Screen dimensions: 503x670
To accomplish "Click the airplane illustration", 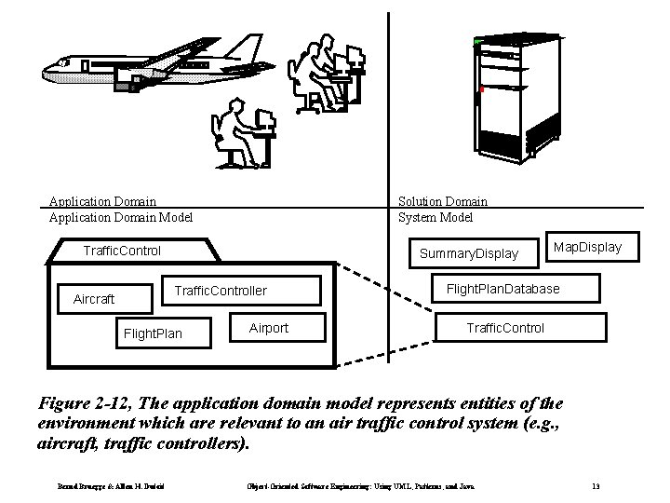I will (x=154, y=65).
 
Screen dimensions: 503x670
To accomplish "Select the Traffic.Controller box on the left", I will (x=221, y=292).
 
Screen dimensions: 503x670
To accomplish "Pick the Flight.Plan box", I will (x=153, y=333).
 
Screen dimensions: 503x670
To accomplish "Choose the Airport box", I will (x=269, y=328).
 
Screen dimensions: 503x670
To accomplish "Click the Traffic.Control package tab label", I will (x=122, y=251).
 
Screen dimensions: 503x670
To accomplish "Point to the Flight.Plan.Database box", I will (x=503, y=289).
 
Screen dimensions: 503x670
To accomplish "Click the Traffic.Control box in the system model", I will (x=505, y=328).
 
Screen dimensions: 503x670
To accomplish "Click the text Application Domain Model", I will (x=120, y=218).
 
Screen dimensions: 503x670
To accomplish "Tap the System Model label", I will (x=435, y=218).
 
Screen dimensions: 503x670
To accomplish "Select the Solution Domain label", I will (x=442, y=201).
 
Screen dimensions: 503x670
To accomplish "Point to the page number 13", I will (x=596, y=486).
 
